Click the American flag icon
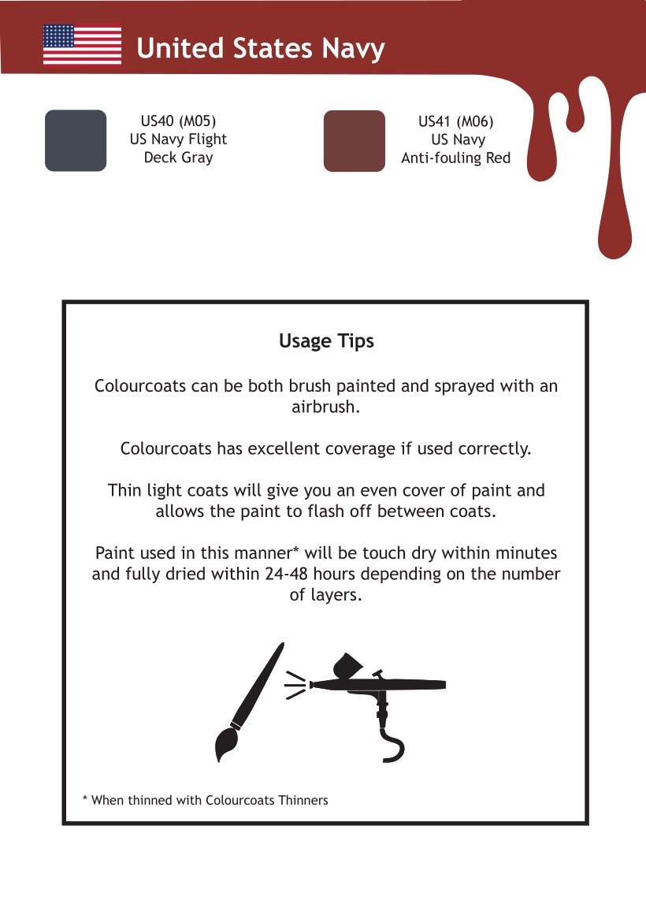click(x=82, y=45)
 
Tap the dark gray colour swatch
click(x=76, y=140)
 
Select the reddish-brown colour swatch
click(x=355, y=141)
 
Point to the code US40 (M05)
click(x=179, y=121)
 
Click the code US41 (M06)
click(x=456, y=121)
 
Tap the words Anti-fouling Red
click(x=456, y=158)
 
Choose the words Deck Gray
click(x=179, y=158)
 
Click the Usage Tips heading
click(x=326, y=340)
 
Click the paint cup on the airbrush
click(x=347, y=664)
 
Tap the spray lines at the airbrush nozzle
click(x=295, y=685)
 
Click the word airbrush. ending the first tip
click(x=325, y=407)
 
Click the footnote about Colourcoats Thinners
click(x=206, y=801)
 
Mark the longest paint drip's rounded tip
click(x=614, y=248)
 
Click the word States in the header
click(x=273, y=48)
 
